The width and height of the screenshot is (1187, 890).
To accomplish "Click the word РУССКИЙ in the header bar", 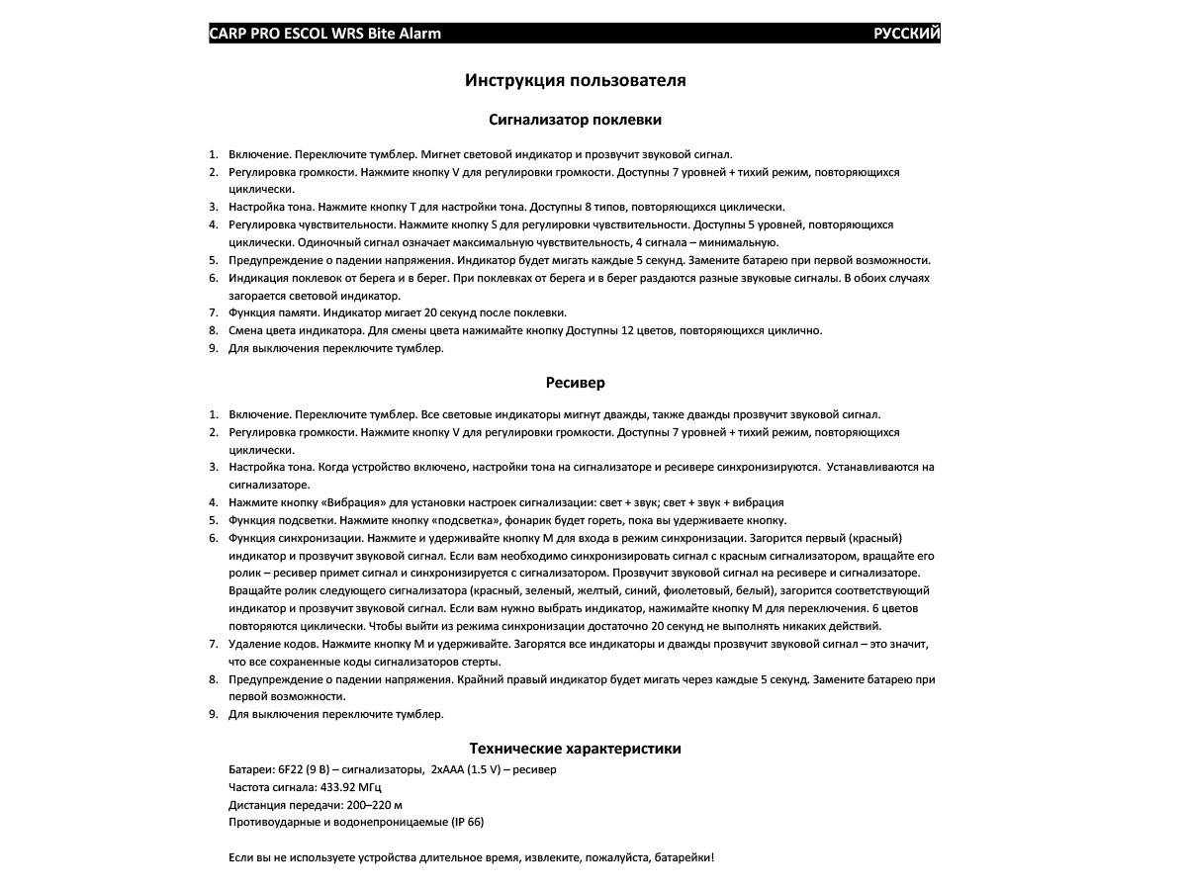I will click(x=906, y=34).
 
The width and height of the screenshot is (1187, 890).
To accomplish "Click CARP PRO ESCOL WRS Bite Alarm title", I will click(x=325, y=34).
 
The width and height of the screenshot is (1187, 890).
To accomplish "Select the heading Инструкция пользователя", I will click(x=575, y=81).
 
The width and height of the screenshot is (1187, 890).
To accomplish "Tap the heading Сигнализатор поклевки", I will click(x=575, y=120).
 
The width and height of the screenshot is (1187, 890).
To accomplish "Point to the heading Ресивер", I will click(x=575, y=383).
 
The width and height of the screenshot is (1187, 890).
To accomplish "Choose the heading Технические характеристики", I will click(x=575, y=749).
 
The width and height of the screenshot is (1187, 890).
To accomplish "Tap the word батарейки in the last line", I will click(x=683, y=857).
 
